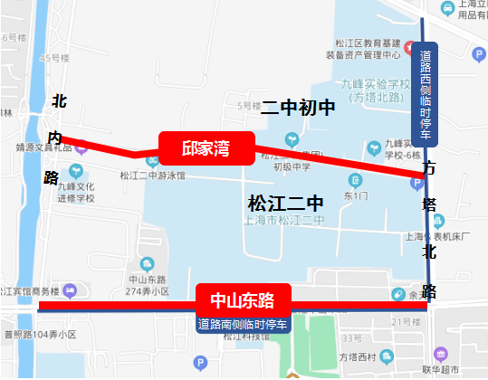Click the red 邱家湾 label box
click(x=206, y=148)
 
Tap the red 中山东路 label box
click(x=243, y=298)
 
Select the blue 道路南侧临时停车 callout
click(x=243, y=324)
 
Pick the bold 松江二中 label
click(x=285, y=201)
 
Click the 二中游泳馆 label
click(x=152, y=176)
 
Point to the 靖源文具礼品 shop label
click(x=43, y=143)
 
